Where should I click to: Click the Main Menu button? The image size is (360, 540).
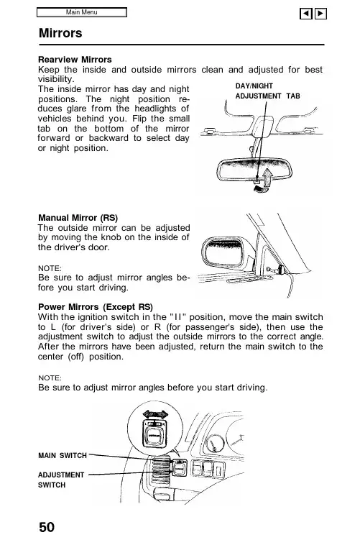coord(82,12)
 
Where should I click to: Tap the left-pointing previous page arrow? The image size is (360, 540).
coord(306,14)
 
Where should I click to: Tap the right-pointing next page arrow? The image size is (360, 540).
coord(320,14)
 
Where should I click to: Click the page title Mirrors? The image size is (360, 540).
coord(60,33)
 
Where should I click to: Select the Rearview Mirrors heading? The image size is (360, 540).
coord(75,60)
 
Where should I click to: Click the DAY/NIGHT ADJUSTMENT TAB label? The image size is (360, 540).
coord(267,91)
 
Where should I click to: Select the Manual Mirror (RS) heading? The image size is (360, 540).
coord(78,218)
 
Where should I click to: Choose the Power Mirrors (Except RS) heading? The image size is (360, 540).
coord(96,307)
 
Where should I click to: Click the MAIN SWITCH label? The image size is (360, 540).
coord(63,455)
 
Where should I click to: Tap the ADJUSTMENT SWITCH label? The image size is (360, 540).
coord(61,480)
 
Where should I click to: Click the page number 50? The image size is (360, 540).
coord(47,527)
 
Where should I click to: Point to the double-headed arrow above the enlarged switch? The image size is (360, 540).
coord(155,414)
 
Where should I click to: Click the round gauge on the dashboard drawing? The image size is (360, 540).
coord(215,442)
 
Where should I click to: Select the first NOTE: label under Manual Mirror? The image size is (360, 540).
coord(50,268)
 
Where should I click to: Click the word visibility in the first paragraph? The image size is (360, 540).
coord(56,79)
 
